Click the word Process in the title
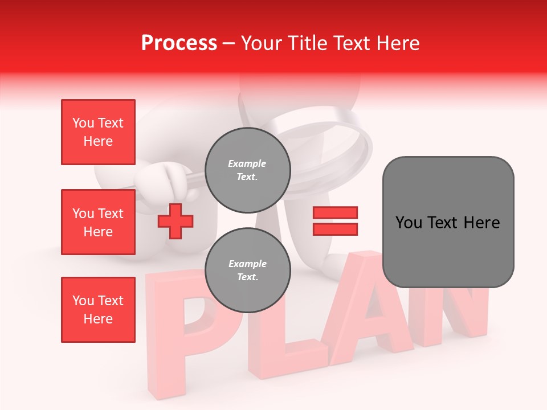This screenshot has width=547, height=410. tap(179, 43)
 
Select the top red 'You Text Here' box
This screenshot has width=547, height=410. tap(98, 132)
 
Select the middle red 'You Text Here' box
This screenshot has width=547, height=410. tap(98, 222)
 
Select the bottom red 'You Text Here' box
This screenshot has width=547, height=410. tap(98, 310)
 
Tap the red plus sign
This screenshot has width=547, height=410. tap(175, 222)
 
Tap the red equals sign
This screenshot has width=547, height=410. tap(335, 221)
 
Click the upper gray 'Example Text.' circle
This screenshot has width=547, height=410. tap(247, 170)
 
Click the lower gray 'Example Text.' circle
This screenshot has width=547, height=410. tap(247, 270)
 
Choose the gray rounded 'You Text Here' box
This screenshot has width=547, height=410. tap(448, 222)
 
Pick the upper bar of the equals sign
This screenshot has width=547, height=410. tap(335, 212)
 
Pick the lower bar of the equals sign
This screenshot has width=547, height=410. tap(335, 229)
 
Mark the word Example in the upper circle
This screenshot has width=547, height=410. tap(247, 163)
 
